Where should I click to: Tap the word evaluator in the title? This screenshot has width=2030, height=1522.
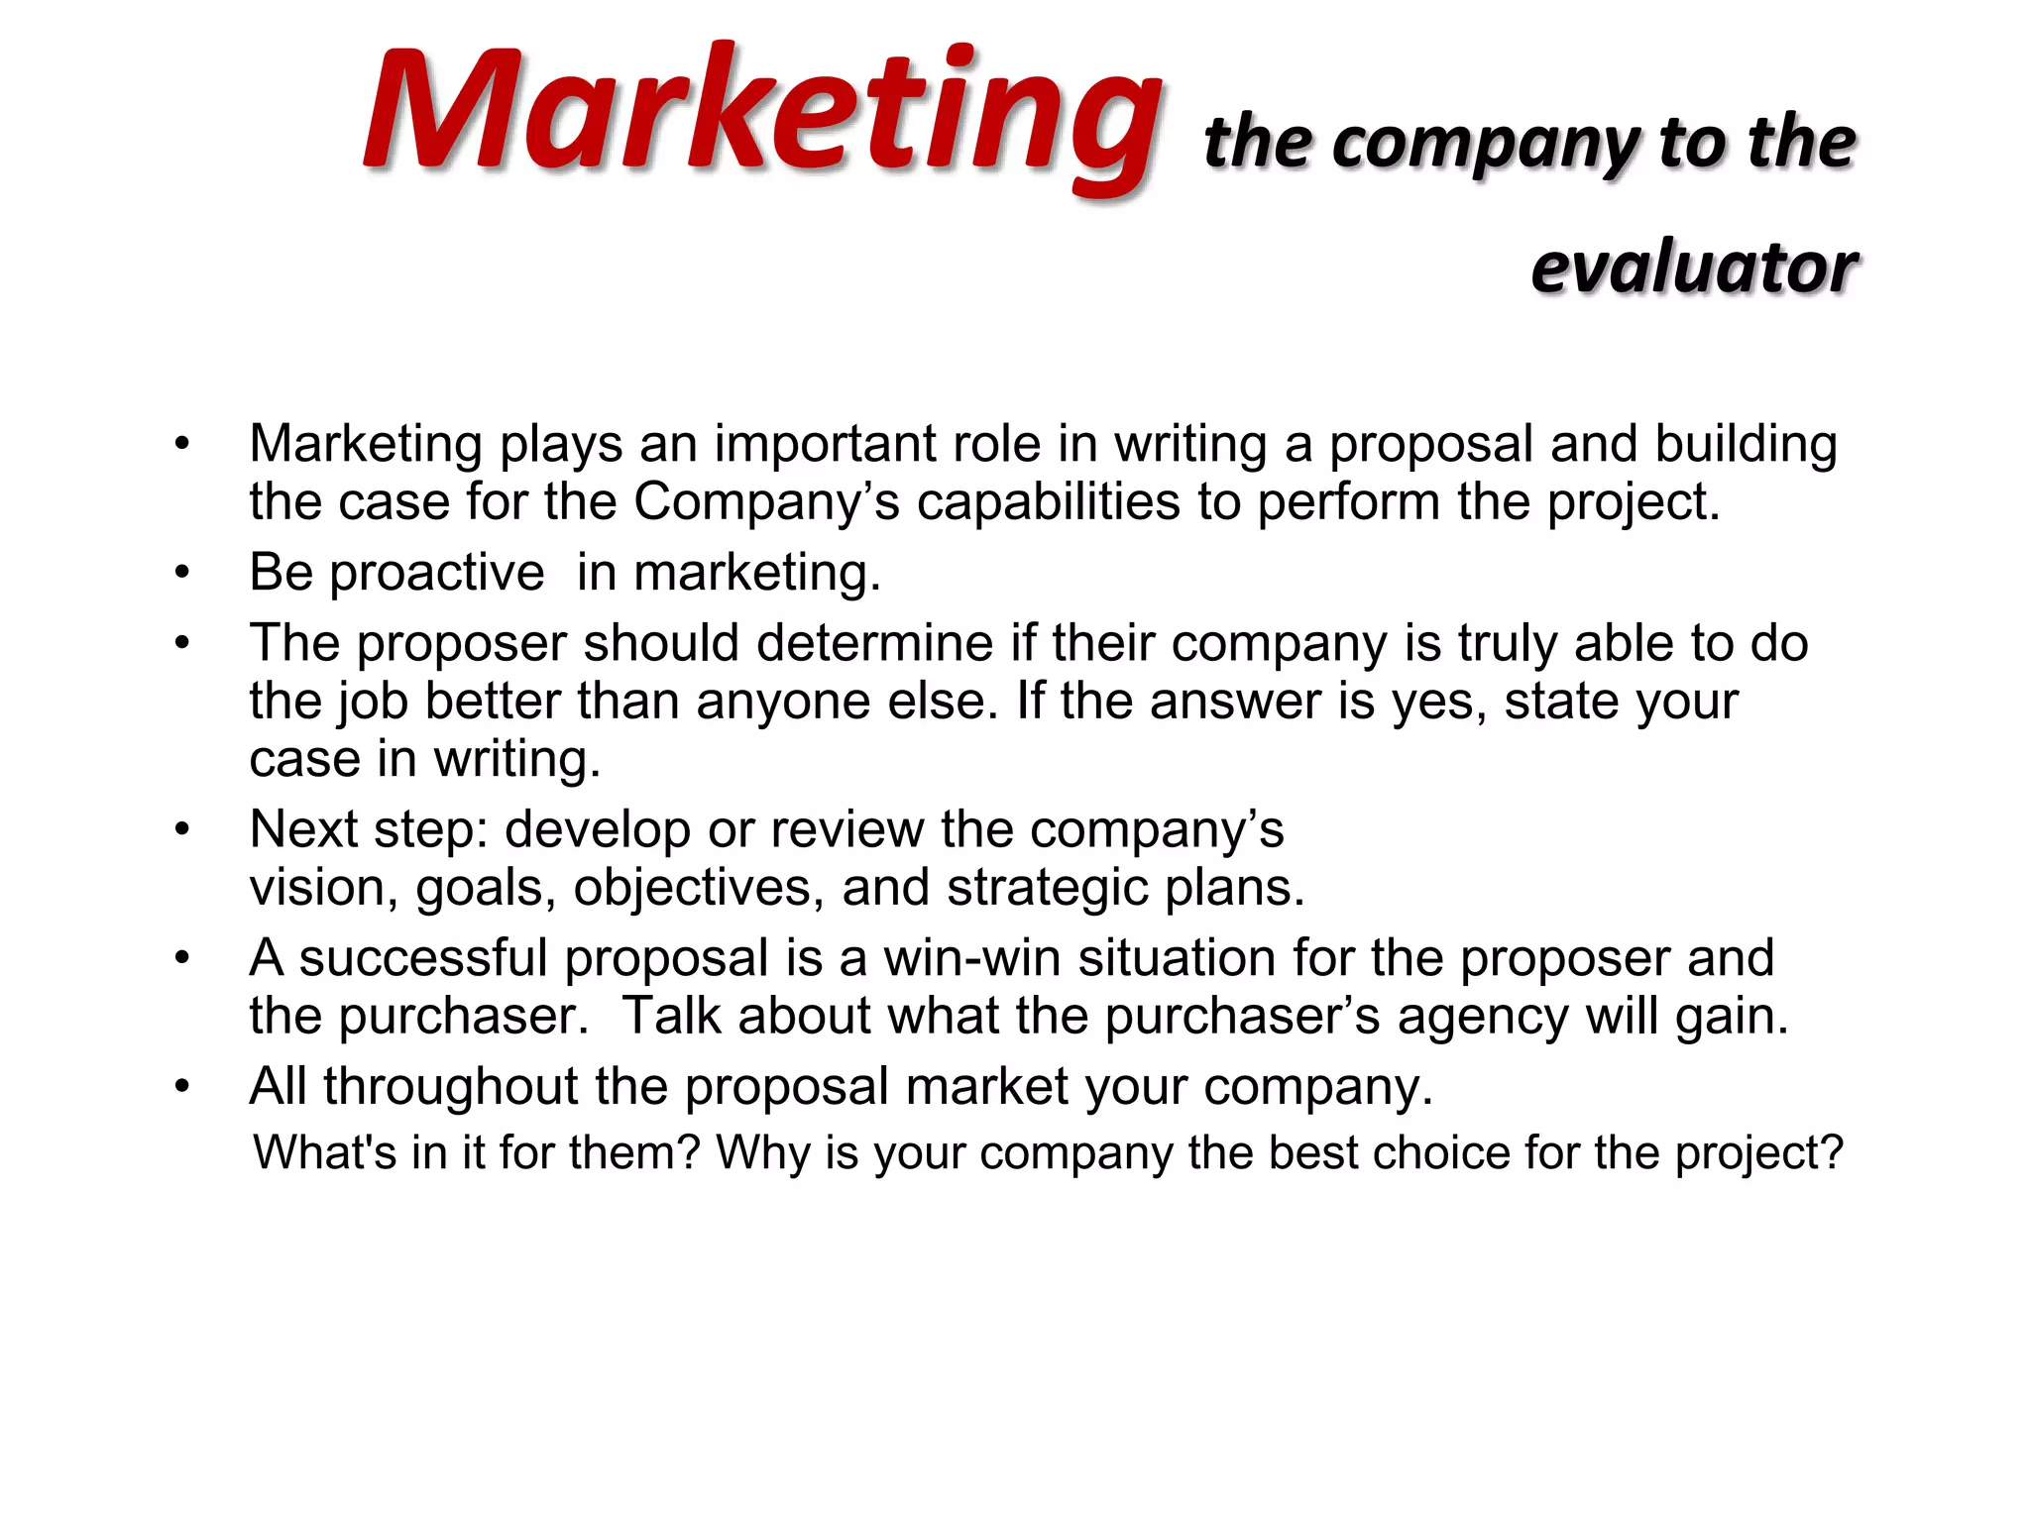pos(1694,268)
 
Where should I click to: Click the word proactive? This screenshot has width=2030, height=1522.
pos(436,573)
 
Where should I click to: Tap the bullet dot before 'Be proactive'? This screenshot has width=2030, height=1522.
pos(181,573)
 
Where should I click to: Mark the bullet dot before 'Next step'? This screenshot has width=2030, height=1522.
pos(181,829)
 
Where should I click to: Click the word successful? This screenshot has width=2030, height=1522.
pos(423,958)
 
